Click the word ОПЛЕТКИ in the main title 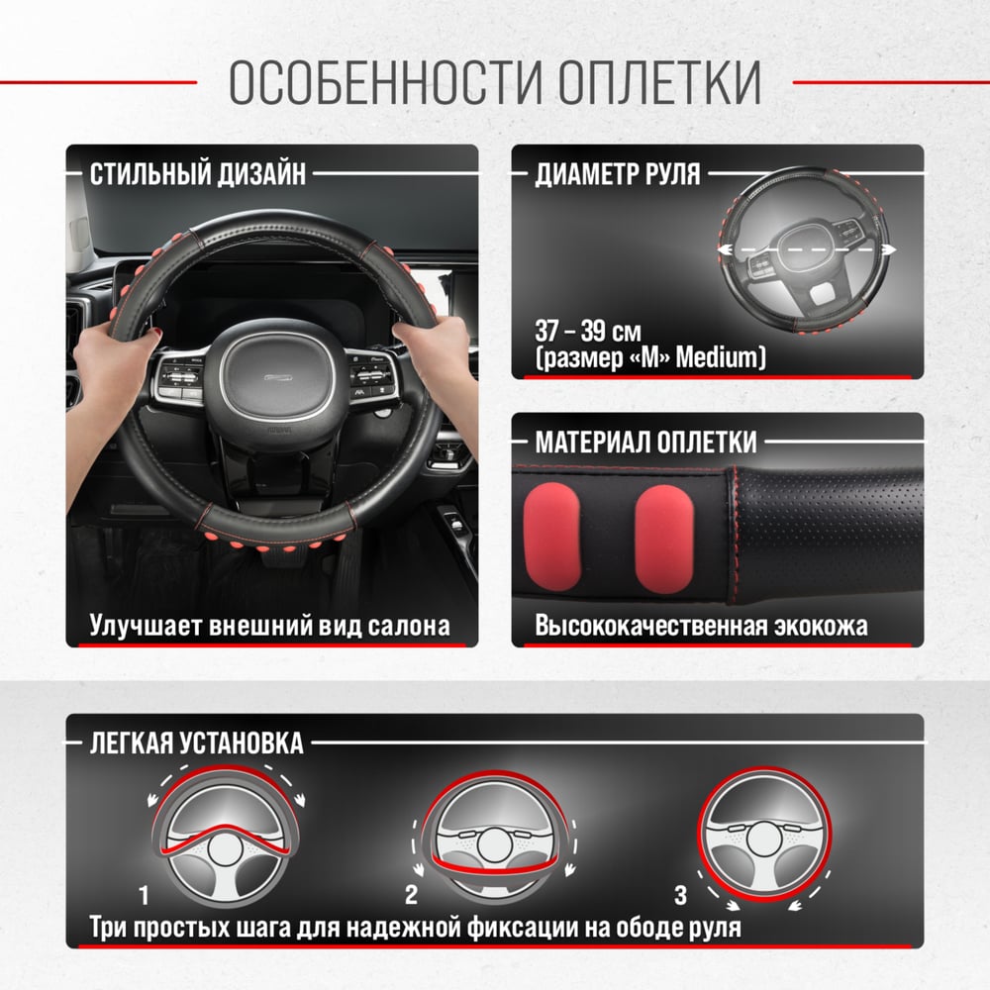pos(659,83)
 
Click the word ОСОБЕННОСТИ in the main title pos(386,83)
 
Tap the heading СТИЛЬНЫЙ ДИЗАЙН pos(198,173)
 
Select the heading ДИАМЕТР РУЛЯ pos(618,173)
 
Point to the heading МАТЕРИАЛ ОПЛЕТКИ pos(645,442)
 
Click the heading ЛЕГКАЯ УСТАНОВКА pos(196,742)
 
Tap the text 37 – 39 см pos(588,331)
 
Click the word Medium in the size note pos(717,358)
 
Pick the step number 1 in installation pos(144,895)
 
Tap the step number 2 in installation pos(411,895)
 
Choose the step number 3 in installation pos(680,895)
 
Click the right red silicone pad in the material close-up pos(664,539)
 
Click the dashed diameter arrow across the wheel pos(806,250)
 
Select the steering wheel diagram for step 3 pos(764,834)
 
